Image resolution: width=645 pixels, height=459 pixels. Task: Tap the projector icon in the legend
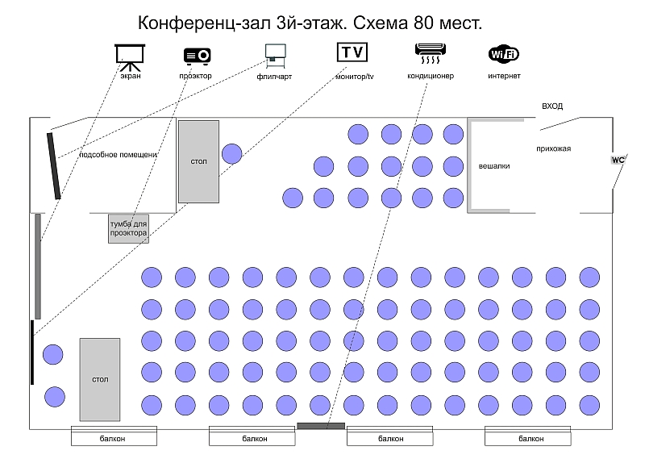point(197,56)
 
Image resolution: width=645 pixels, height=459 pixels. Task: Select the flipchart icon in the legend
point(275,56)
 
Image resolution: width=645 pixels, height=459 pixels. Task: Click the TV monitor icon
point(352,52)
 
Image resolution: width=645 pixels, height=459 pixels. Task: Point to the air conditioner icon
point(431,53)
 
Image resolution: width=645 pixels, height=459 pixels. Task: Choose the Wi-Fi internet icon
point(504,54)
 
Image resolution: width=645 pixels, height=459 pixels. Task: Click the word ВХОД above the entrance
point(552,106)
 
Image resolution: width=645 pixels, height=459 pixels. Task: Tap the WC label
point(618,161)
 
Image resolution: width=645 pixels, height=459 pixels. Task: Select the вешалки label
point(494,166)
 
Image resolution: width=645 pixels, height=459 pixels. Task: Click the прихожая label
point(553,148)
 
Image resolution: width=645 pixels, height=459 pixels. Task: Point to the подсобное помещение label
point(118,155)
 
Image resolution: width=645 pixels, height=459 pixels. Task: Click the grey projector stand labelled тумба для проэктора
point(128,228)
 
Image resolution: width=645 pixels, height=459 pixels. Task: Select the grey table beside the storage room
point(198,162)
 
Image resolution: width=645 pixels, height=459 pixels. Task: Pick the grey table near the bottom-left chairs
point(100,380)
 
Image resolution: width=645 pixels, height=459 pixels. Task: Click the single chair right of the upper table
point(232,153)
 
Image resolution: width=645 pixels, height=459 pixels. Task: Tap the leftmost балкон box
point(114,436)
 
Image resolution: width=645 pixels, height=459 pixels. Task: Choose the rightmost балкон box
point(528,436)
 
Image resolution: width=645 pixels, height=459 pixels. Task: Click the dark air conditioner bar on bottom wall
point(321,426)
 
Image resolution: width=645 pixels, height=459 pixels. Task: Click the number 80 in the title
point(424,23)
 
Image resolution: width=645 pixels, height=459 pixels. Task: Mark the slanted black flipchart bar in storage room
point(54,166)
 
